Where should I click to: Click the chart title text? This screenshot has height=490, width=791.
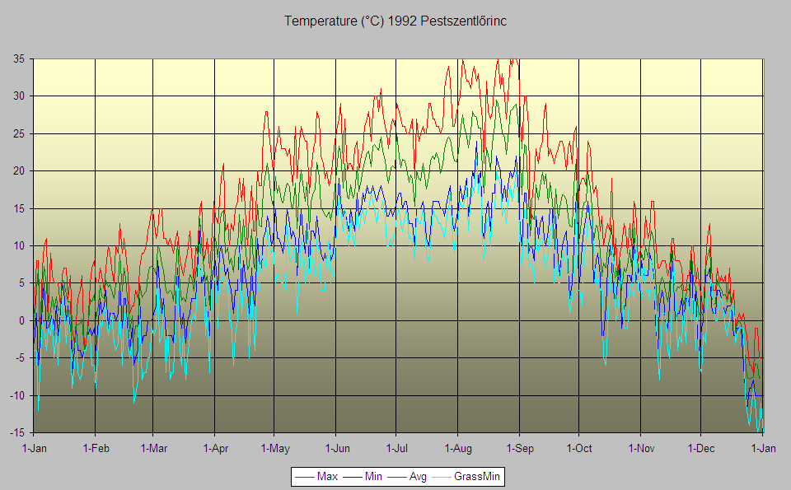(x=395, y=21)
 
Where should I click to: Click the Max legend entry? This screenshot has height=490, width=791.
(x=316, y=476)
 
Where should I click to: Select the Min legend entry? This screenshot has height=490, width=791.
(x=363, y=476)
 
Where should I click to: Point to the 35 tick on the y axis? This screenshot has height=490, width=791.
(x=19, y=59)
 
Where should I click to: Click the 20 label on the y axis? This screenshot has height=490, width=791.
(x=19, y=171)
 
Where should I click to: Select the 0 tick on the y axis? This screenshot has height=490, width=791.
(x=21, y=320)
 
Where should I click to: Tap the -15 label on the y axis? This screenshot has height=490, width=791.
(x=17, y=432)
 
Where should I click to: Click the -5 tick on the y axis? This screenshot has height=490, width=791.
(x=19, y=358)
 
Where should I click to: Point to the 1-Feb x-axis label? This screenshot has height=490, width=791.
(x=96, y=448)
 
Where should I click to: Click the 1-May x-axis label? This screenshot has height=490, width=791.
(x=275, y=448)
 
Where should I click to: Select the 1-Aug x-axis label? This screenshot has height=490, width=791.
(x=458, y=448)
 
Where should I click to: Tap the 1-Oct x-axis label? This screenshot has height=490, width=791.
(x=579, y=448)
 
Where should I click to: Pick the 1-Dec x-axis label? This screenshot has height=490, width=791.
(x=701, y=448)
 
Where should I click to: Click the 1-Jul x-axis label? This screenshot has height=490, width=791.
(x=396, y=448)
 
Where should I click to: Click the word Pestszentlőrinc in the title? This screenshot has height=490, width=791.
(x=463, y=21)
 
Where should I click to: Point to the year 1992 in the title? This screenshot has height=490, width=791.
(x=401, y=21)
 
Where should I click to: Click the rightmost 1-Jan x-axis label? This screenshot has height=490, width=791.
(x=763, y=448)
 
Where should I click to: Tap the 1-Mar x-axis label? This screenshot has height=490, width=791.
(x=154, y=448)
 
